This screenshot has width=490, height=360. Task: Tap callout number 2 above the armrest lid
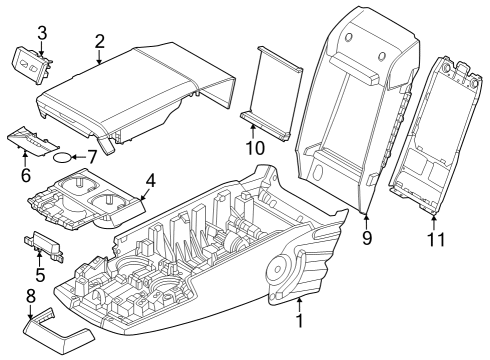tap(100, 41)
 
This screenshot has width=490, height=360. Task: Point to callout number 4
tap(151, 181)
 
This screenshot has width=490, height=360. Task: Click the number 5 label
tap(39, 273)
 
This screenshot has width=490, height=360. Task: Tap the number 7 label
tap(92, 157)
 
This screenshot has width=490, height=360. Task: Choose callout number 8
tap(29, 296)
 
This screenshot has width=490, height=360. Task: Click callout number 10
tap(254, 147)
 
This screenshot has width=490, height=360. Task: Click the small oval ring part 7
tap(63, 158)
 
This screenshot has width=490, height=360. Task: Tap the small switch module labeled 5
tap(46, 243)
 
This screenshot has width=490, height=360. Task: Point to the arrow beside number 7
tap(80, 157)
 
